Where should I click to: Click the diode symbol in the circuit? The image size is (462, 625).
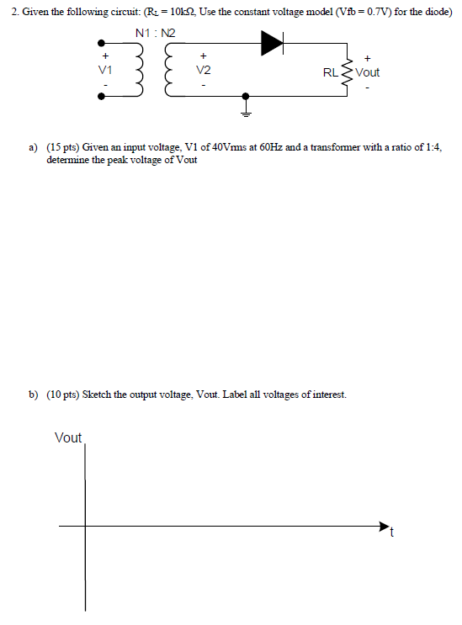[272, 40]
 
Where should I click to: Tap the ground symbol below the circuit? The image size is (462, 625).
[247, 107]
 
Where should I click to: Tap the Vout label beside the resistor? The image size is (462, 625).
[368, 72]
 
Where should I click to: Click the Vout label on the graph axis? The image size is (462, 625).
[68, 437]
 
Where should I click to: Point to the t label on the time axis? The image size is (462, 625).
[391, 533]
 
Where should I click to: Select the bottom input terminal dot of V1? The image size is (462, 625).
[103, 97]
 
